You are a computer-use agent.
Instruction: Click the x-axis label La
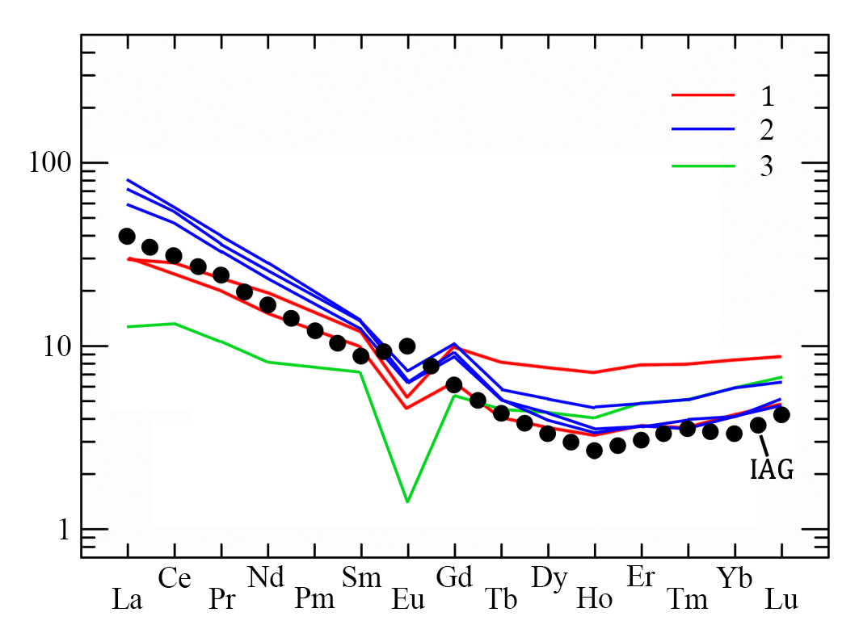coord(127,599)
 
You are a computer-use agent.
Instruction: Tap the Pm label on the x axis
coord(313,599)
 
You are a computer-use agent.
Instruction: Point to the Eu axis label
coord(408,599)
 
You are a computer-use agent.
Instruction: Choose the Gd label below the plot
coord(453,578)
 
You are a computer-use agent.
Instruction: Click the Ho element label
coord(594,599)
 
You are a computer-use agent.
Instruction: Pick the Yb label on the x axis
coord(735,578)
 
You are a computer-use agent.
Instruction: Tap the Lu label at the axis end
coord(781,599)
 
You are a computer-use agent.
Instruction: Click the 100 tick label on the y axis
coord(49,163)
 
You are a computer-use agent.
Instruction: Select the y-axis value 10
coord(58,346)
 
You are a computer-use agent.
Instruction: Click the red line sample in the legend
coord(702,95)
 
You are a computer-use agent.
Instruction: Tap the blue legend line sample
coord(702,129)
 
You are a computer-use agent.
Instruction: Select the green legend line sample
coord(702,166)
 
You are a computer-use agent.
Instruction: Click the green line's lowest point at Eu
coord(407,501)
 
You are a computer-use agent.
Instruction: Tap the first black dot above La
coord(127,236)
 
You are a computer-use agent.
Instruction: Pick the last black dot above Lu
coord(781,415)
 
